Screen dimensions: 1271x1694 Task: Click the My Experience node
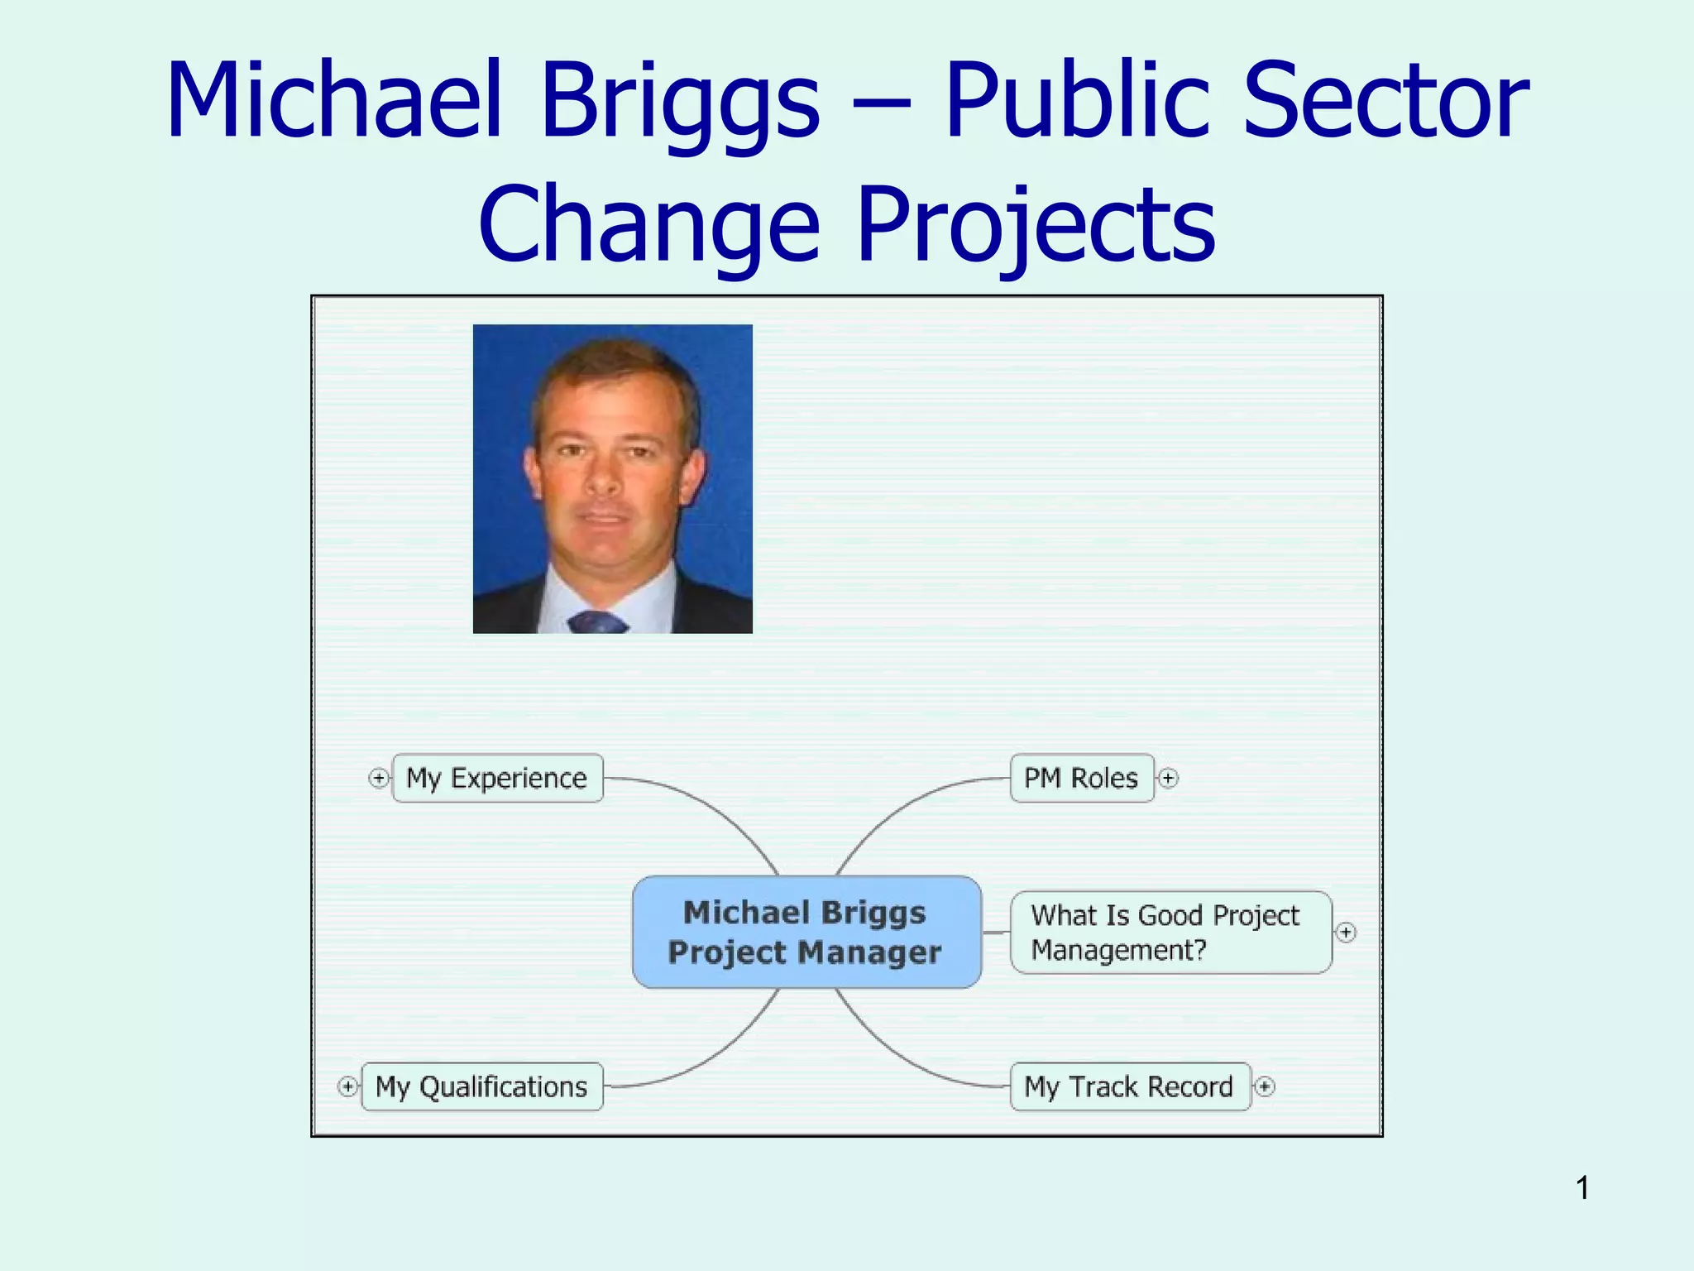pos(497,778)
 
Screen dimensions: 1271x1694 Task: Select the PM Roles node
pos(1081,778)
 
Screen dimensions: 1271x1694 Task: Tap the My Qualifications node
pos(481,1086)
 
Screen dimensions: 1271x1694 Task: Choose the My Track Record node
pos(1129,1086)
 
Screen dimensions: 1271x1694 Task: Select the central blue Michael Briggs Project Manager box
pos(806,933)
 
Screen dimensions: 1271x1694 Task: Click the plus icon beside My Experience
pos(378,778)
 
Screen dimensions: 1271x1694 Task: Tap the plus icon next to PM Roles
pos(1168,778)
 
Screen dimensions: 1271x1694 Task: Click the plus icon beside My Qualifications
pos(348,1086)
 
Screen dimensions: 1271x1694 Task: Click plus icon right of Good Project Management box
pos(1346,933)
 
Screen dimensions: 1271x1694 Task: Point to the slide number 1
pos(1582,1188)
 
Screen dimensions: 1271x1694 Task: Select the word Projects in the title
pos(1036,225)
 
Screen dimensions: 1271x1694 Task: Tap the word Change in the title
pos(649,225)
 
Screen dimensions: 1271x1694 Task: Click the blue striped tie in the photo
pos(597,622)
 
